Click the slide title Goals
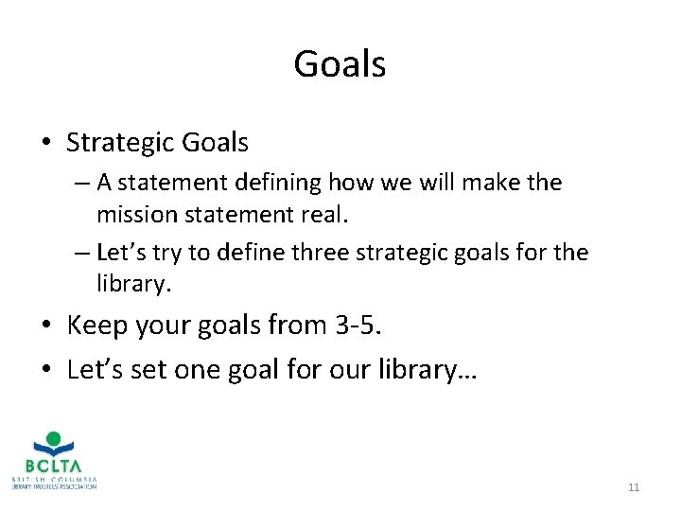(340, 64)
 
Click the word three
(350, 253)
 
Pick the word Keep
(96, 326)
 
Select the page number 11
(633, 487)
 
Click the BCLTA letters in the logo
(55, 466)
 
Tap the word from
(297, 326)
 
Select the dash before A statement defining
(79, 183)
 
